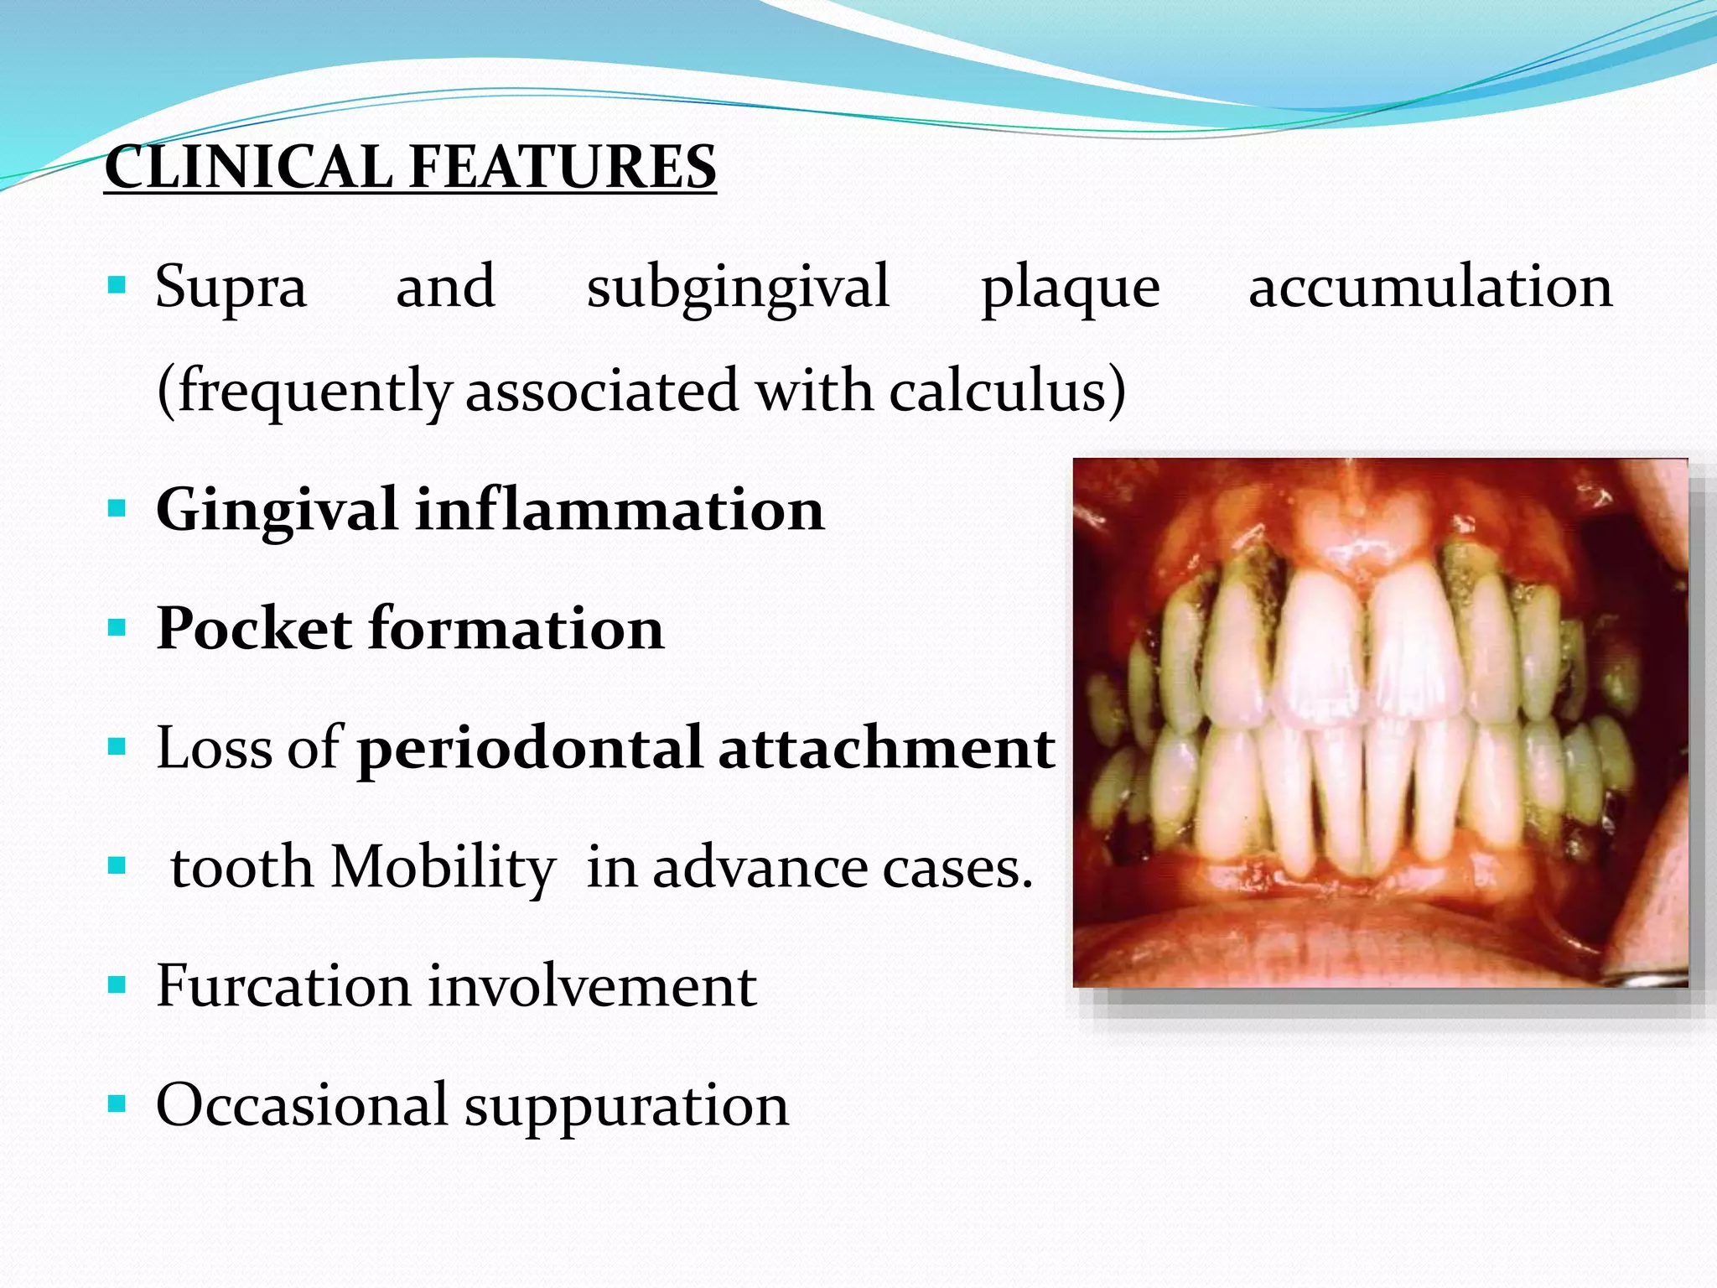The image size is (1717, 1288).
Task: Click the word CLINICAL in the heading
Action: click(248, 167)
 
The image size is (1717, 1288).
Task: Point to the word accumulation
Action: click(1430, 287)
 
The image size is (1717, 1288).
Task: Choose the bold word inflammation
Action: click(620, 510)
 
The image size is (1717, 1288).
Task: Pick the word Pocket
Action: click(254, 629)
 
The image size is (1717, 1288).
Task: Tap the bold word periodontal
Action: click(530, 749)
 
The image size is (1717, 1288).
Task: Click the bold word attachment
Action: click(886, 749)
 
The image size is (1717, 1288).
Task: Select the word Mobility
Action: click(444, 868)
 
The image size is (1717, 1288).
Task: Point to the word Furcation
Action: click(283, 987)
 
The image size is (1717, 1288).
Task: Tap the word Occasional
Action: click(302, 1105)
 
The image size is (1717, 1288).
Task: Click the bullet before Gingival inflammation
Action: click(117, 508)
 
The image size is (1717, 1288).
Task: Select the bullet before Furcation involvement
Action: click(117, 984)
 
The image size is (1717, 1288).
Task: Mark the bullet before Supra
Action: click(117, 286)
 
